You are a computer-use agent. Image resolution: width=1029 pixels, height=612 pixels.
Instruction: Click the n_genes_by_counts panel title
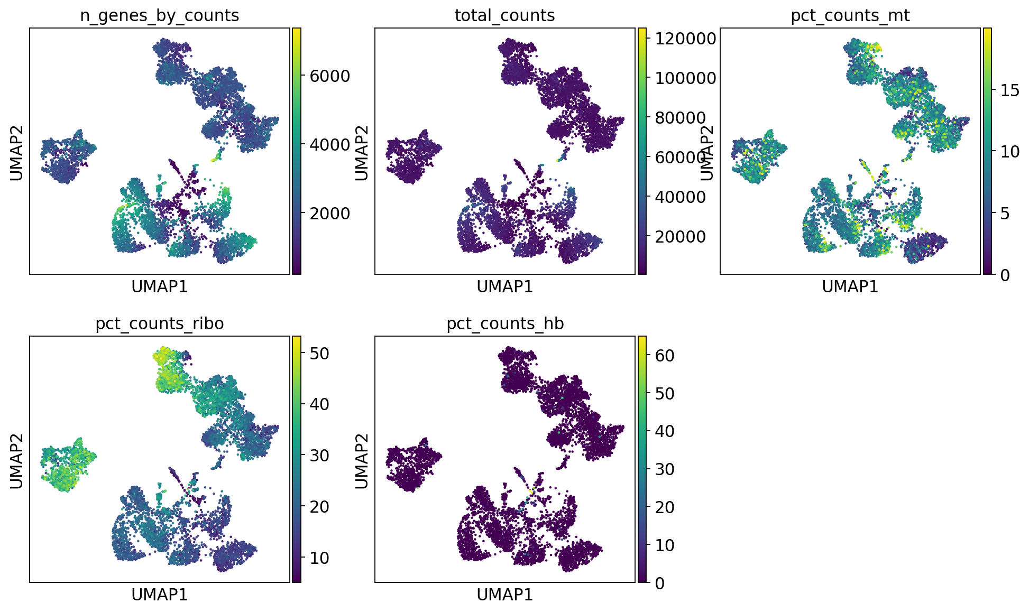(x=159, y=16)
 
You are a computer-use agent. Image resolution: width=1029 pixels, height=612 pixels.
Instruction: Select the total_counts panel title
(x=504, y=16)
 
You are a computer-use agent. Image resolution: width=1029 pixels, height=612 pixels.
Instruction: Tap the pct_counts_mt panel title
(x=850, y=16)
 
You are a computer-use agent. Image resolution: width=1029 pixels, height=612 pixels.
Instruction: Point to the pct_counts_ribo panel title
(x=159, y=323)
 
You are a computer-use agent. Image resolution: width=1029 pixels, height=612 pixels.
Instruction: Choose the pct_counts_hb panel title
(x=504, y=323)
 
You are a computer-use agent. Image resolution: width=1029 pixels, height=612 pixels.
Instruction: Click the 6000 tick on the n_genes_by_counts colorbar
(x=330, y=76)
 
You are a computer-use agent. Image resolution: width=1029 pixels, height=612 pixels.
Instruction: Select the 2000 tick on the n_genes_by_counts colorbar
(x=330, y=214)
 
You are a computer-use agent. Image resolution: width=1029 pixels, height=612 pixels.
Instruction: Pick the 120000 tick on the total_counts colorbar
(x=685, y=38)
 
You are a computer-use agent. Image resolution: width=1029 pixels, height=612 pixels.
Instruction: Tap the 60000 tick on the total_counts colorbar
(x=680, y=157)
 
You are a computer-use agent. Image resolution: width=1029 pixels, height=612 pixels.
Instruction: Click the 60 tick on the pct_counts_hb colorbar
(x=664, y=356)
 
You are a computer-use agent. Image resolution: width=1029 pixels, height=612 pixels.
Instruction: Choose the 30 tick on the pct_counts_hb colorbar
(x=664, y=469)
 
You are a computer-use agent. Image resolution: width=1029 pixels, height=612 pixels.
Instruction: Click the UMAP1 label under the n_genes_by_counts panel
(x=159, y=286)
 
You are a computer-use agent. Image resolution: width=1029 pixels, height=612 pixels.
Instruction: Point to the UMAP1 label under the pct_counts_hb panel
(x=504, y=595)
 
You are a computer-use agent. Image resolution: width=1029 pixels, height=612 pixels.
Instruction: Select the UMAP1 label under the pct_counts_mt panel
(x=850, y=286)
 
